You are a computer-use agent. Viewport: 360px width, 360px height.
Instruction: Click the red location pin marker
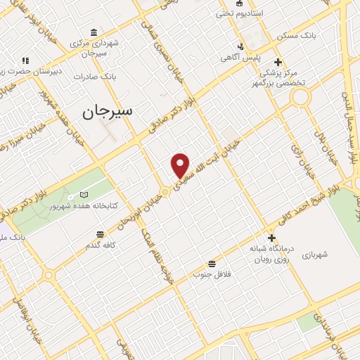click(x=181, y=165)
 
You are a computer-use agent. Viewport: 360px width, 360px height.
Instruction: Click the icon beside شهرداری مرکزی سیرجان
click(x=94, y=32)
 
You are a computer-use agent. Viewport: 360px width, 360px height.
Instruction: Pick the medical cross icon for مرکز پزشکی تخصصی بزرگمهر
click(x=278, y=62)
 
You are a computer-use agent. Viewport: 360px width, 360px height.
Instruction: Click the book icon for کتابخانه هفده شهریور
click(x=84, y=194)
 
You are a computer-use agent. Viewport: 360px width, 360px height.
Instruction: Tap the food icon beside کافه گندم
click(x=100, y=233)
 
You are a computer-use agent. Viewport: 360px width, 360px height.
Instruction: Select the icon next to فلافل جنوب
click(x=210, y=263)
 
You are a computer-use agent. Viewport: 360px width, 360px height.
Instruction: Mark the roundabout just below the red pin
click(x=165, y=191)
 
